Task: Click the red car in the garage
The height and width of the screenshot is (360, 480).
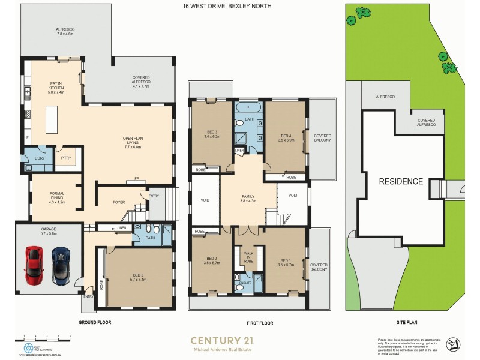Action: pos(34,265)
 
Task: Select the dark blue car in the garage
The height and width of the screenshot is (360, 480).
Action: pos(61,265)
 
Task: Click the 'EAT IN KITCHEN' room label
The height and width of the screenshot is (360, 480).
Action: pos(56,88)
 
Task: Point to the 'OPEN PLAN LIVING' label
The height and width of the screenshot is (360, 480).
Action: pos(133,142)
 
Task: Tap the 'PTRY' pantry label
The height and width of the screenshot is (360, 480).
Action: pos(66,158)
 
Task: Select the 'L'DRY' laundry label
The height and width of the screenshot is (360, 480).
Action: pos(40,158)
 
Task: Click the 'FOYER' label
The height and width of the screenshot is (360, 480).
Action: pos(119,202)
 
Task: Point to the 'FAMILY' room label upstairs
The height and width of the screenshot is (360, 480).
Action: pos(248,198)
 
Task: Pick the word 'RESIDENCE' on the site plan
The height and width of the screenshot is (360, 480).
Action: pos(400,181)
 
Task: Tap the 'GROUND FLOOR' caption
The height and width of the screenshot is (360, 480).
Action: pos(94,322)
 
